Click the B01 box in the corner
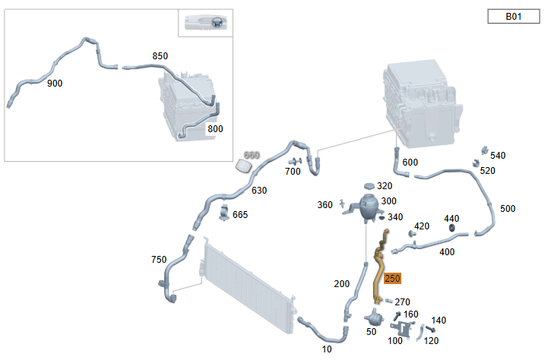coord(513,17)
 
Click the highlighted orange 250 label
coord(392,278)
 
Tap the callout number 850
coord(160,56)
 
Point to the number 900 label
coord(55,83)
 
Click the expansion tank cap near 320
coord(369,186)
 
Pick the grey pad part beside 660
coord(243,166)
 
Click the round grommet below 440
coord(451,228)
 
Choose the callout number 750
coord(159,260)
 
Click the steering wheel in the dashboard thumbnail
coord(217,22)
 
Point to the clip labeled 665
coord(224,213)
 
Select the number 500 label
coord(508,208)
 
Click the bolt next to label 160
coord(397,317)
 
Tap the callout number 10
coord(327,349)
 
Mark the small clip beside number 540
coord(484,150)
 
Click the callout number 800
coord(215,129)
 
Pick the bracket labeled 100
coord(401,329)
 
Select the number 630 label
coord(259,191)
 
